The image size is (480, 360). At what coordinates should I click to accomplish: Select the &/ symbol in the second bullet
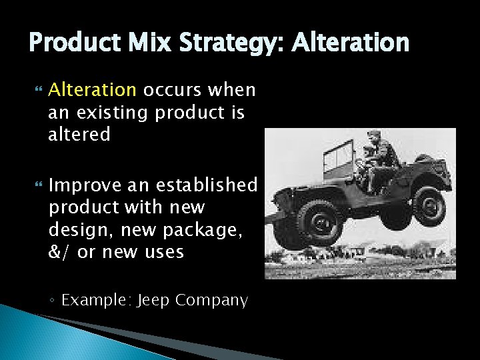[59, 252]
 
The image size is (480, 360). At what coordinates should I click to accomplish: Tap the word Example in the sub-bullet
[95, 301]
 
